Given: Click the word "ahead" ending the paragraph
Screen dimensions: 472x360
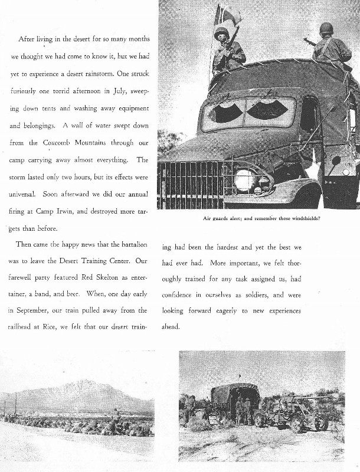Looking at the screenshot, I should [170, 326].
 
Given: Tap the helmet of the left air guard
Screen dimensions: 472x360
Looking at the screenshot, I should [221, 33].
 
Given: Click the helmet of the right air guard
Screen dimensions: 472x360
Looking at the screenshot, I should [326, 28].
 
